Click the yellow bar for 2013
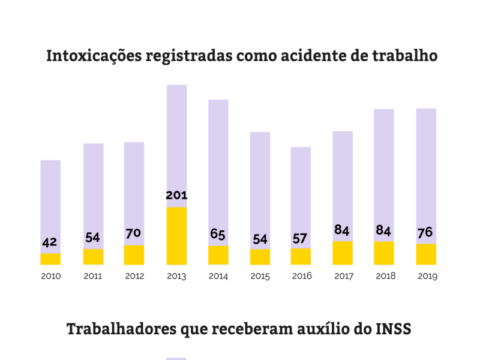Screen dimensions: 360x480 [176, 236]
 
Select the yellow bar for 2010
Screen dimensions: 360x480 [50, 259]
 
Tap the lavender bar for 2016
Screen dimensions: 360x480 [301, 192]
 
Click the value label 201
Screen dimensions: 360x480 [176, 196]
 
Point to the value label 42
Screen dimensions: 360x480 [50, 242]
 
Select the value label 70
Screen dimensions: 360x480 [134, 234]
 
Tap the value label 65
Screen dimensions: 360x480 [218, 234]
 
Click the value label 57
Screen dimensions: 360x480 [301, 238]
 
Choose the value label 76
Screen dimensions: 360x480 [426, 233]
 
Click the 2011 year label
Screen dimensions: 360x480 [92, 277]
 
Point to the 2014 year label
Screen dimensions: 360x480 [218, 277]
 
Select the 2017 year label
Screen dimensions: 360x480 [343, 277]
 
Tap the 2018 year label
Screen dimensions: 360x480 [384, 277]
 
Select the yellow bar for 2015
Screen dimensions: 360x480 [260, 257]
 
